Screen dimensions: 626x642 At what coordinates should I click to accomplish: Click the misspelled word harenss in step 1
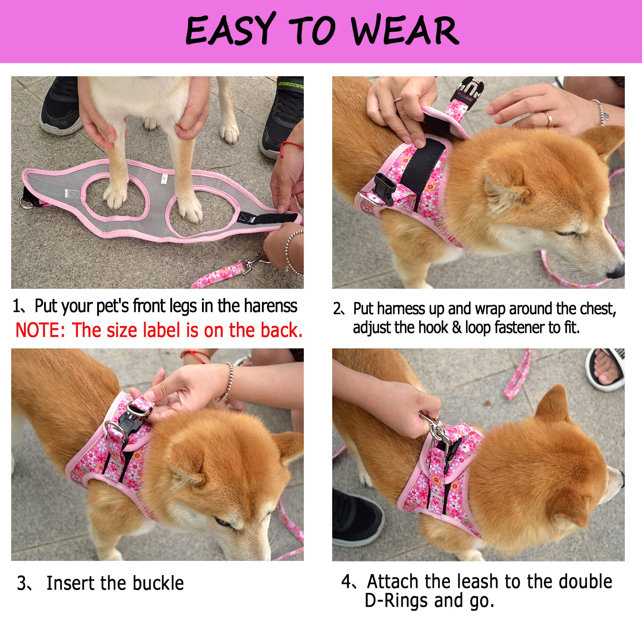coord(270,306)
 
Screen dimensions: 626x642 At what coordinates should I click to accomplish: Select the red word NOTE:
coord(40,331)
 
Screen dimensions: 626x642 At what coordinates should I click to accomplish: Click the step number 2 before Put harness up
coord(338,309)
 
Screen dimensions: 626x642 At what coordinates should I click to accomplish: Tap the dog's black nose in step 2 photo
coord(616,271)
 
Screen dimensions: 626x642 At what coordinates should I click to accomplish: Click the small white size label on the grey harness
coord(163,179)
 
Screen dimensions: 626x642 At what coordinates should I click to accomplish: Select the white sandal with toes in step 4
coord(606,369)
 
